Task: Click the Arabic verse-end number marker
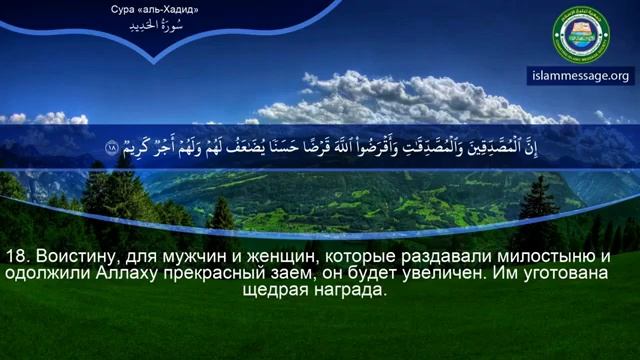click(111, 149)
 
